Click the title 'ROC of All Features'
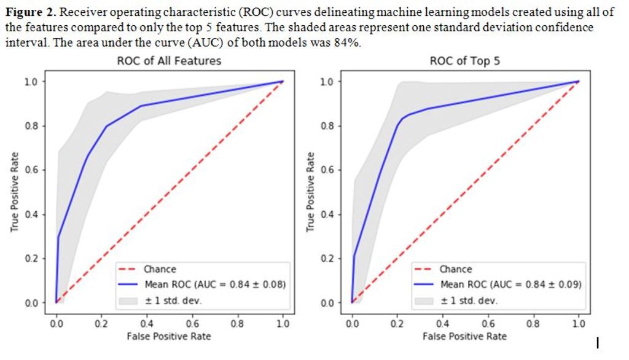pyautogui.click(x=169, y=60)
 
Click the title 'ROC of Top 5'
pyautogui.click(x=465, y=60)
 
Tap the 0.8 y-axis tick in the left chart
pyautogui.click(x=31, y=126)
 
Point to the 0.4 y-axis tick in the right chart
pyautogui.click(x=327, y=214)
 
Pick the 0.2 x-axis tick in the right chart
pyautogui.click(x=397, y=324)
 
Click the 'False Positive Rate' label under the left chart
pyautogui.click(x=169, y=336)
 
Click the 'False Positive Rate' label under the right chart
pyautogui.click(x=465, y=336)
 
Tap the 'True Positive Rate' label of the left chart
pyautogui.click(x=14, y=192)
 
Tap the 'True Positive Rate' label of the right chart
pyautogui.click(x=310, y=192)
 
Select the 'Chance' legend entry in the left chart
pyautogui.click(x=160, y=269)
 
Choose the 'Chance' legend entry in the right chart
pyautogui.click(x=456, y=269)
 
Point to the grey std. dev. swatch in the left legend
pyautogui.click(x=128, y=300)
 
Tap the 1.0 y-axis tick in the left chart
pyautogui.click(x=31, y=82)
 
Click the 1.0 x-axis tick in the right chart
pyautogui.click(x=578, y=324)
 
